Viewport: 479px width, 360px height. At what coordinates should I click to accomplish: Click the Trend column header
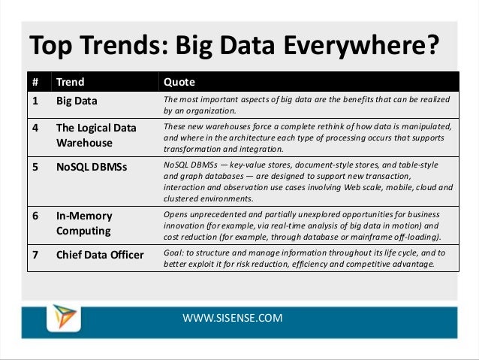coord(71,82)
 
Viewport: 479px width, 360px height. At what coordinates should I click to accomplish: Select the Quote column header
coord(179,82)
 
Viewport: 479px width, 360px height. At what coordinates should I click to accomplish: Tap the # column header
coord(34,82)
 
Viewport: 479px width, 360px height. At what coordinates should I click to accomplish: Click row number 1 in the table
coord(34,100)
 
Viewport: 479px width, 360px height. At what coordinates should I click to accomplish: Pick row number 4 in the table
coord(34,127)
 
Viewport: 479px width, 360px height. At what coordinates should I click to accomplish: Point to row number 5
coord(34,165)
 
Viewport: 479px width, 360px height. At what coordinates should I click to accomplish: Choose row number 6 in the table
coord(34,216)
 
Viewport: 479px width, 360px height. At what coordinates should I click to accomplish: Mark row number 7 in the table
coord(34,254)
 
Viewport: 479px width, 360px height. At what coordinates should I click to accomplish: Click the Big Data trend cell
coord(77,100)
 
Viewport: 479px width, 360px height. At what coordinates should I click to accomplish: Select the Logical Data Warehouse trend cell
coord(96,135)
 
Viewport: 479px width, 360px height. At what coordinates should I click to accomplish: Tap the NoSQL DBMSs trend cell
coord(92,165)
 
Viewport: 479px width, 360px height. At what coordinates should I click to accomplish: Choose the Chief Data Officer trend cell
coord(100,254)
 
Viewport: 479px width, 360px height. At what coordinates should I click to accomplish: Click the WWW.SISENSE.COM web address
coord(233,318)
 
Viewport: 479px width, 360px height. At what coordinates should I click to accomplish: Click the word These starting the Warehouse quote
coord(176,128)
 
